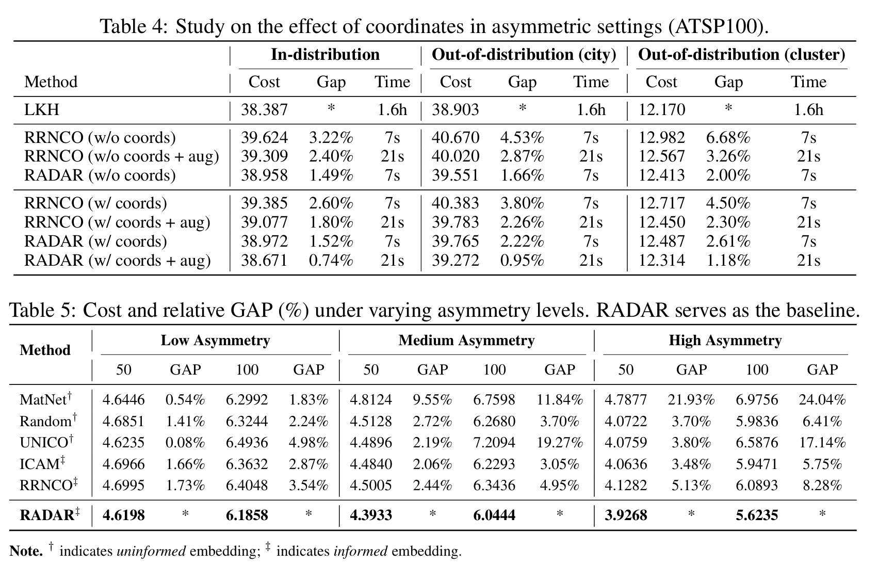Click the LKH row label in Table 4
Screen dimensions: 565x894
click(42, 110)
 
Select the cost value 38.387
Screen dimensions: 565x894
click(264, 110)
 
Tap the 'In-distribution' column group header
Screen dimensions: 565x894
click(325, 55)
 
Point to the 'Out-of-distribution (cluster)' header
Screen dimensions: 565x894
click(742, 55)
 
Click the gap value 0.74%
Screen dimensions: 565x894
click(331, 261)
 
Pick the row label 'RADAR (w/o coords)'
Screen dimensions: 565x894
click(100, 175)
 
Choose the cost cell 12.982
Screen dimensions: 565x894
click(661, 138)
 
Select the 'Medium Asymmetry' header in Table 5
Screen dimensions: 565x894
click(466, 341)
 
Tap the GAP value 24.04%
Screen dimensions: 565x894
click(822, 400)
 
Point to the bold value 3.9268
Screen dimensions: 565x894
click(626, 515)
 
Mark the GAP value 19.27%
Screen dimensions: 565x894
click(560, 443)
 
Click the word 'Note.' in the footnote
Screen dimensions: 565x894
click(26, 552)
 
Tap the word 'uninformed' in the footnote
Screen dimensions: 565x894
click(151, 552)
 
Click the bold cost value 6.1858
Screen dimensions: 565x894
click(247, 515)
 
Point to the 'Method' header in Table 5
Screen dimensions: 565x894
click(45, 350)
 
